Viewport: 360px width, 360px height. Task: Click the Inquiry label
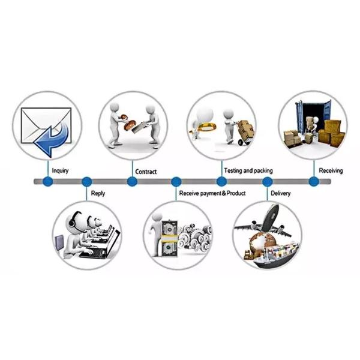(x=60, y=171)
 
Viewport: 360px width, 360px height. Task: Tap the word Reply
(x=98, y=193)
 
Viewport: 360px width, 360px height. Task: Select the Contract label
(x=146, y=172)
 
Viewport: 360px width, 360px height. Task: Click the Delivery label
(x=280, y=193)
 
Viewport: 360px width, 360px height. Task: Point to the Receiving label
(x=331, y=170)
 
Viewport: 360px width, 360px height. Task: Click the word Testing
(x=233, y=170)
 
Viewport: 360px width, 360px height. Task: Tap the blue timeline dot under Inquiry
(x=48, y=181)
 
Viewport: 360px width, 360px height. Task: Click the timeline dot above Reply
(x=86, y=182)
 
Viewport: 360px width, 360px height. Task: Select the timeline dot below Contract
(x=132, y=181)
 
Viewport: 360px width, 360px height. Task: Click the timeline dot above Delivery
(x=267, y=182)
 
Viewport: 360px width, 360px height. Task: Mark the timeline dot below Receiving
(x=314, y=181)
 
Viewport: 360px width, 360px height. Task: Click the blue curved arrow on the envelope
(x=52, y=139)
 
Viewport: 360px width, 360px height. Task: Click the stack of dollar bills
(x=169, y=238)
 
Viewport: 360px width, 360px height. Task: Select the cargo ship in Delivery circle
(x=275, y=255)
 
